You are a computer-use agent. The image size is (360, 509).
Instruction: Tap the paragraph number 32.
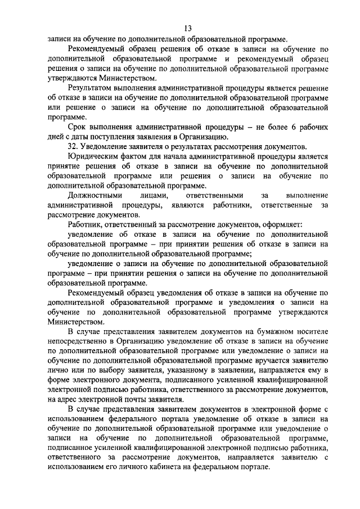pos(72,146)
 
